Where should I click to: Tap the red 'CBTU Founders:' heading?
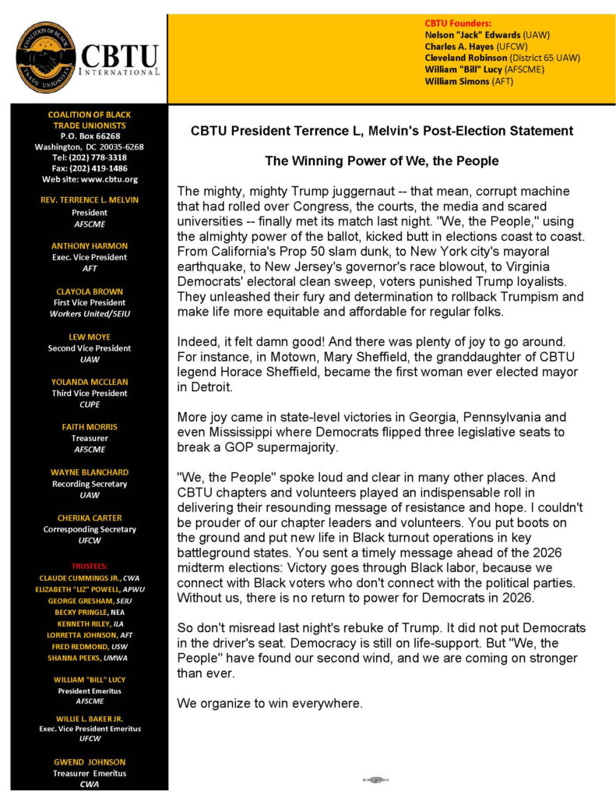[458, 23]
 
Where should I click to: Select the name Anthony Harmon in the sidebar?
[89, 245]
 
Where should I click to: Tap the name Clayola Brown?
[89, 291]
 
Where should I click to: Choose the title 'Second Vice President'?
[89, 348]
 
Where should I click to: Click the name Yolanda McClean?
[89, 382]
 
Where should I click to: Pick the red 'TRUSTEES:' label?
[89, 565]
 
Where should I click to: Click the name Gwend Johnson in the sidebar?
[89, 761]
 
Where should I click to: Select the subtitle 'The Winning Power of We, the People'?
[382, 161]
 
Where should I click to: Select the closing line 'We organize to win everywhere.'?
[269, 703]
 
